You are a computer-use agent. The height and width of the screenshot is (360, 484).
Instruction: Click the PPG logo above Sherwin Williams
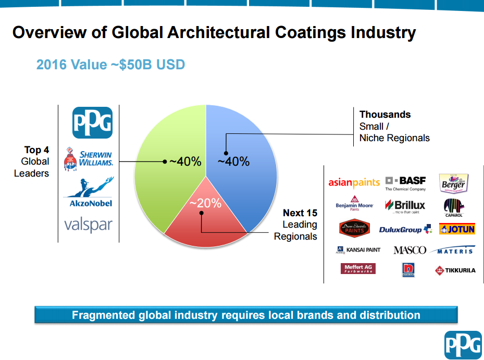pos(92,122)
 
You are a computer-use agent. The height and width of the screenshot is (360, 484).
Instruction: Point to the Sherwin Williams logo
pos(89,159)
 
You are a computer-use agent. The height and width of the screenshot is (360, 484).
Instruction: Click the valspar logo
pos(88,225)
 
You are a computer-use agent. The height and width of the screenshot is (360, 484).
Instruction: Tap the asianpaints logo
pos(354,183)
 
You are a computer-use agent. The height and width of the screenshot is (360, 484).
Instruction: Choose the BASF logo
pos(405,183)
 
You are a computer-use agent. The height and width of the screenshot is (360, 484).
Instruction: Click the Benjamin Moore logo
pos(354,204)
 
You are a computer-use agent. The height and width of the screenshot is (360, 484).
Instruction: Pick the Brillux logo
pos(405,206)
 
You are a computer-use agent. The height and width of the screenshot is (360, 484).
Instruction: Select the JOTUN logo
pos(457,229)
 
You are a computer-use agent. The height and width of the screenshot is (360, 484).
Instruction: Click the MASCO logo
pos(409,250)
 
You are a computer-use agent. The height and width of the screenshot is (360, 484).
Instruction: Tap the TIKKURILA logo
pos(455,270)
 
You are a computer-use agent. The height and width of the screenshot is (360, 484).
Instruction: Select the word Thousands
pos(385,115)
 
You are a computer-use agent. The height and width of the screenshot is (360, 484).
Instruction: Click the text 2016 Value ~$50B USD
pos(110,65)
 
